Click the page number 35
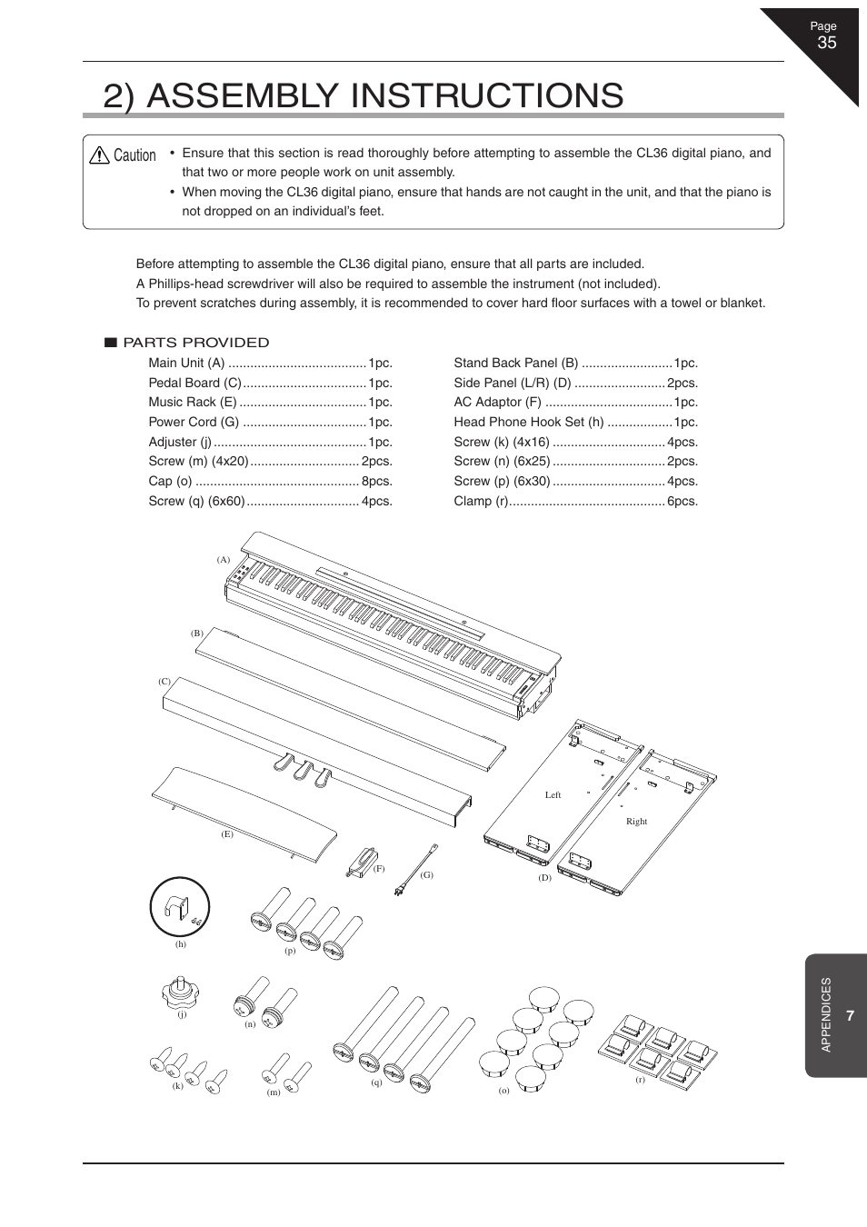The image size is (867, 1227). [x=826, y=43]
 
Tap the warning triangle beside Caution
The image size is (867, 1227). [x=99, y=155]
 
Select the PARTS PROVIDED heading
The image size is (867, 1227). [x=196, y=343]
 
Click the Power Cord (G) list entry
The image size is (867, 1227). [x=194, y=422]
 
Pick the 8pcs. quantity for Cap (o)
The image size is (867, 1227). [x=377, y=482]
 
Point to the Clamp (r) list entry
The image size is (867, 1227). [x=481, y=501]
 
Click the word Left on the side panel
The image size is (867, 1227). [x=553, y=795]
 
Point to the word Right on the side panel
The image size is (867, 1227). [x=636, y=822]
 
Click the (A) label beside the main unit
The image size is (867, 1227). [x=223, y=560]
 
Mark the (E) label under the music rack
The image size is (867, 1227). [x=227, y=833]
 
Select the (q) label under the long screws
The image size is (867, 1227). [x=376, y=1082]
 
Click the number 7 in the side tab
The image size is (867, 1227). [x=850, y=1016]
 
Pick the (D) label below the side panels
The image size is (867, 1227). [x=544, y=878]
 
